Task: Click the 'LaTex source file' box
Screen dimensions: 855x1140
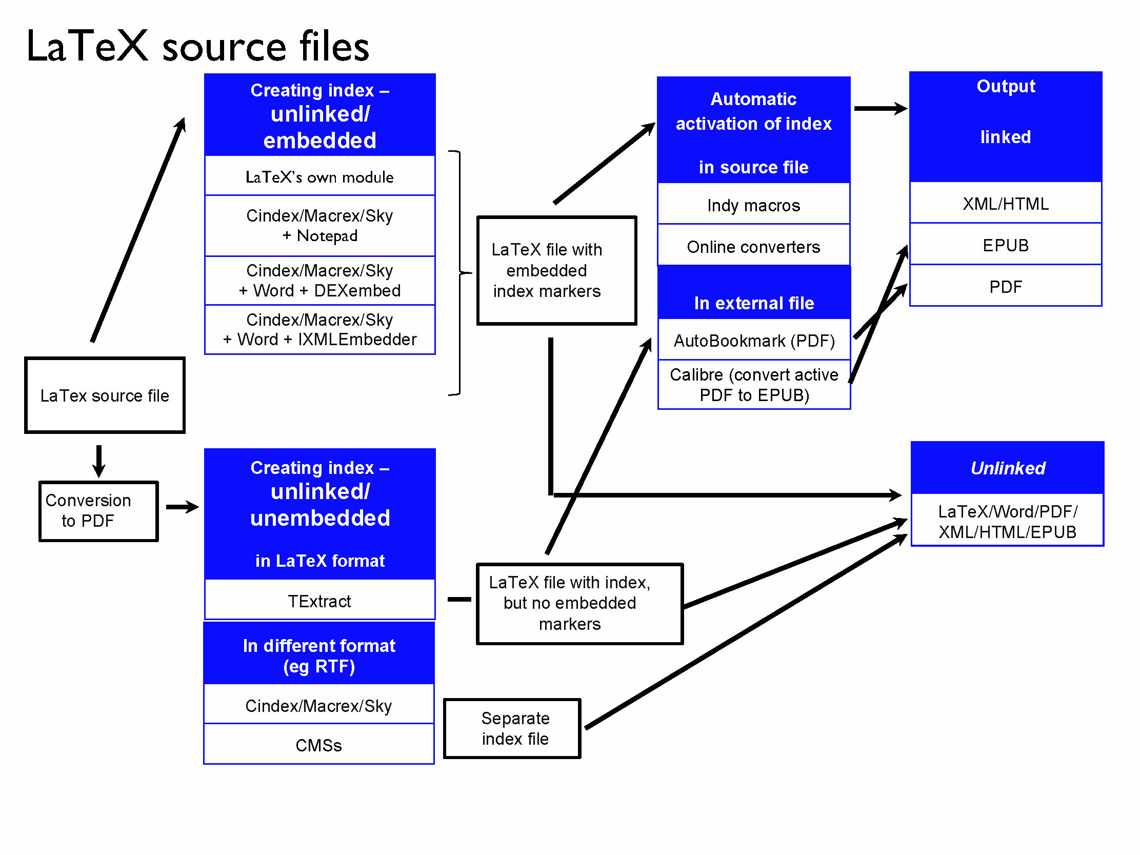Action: [x=105, y=395]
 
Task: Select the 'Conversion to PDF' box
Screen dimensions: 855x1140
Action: [x=98, y=511]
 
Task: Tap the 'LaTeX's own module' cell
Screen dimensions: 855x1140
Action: [x=319, y=177]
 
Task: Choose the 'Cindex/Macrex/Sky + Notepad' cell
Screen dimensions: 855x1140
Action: [x=319, y=225]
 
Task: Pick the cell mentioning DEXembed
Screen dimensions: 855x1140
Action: [x=319, y=281]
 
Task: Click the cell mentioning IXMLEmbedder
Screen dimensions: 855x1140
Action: [x=319, y=329]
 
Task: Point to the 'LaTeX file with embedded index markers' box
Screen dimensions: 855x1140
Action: [x=556, y=271]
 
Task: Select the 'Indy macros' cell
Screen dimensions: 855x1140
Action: [x=753, y=205]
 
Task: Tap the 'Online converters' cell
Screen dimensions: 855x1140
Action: [x=753, y=247]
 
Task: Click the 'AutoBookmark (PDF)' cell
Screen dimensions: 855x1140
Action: [x=753, y=341]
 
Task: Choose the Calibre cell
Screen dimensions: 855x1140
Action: [x=753, y=385]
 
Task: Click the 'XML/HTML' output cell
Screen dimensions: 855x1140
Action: [x=1006, y=204]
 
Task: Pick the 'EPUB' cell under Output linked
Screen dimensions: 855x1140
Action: [x=1006, y=245]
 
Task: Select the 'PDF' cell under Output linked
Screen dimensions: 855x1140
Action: [x=1006, y=287]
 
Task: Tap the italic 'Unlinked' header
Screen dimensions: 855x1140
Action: [x=1008, y=468]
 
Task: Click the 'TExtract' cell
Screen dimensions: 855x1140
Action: [x=319, y=601]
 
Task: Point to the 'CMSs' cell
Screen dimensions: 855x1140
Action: [x=318, y=745]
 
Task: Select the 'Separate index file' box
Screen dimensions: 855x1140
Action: [x=512, y=728]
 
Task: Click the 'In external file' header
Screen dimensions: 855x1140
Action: [x=753, y=303]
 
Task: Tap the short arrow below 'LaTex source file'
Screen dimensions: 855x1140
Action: [x=99, y=460]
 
